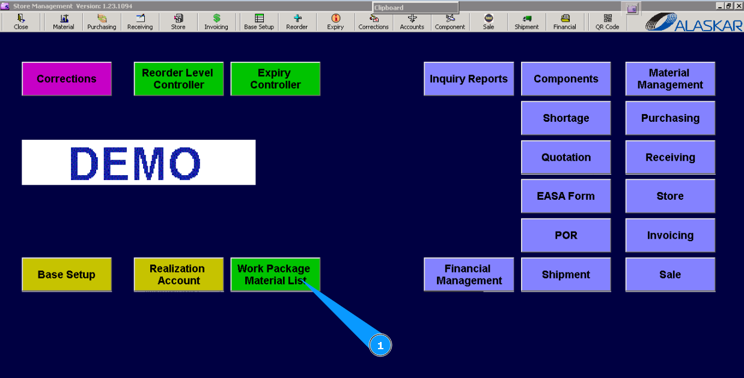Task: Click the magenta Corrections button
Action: click(x=67, y=79)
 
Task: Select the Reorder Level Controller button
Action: click(x=178, y=79)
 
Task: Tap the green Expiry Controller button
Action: click(x=275, y=79)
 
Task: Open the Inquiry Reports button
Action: click(x=469, y=79)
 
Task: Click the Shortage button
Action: click(x=566, y=118)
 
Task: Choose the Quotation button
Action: click(x=566, y=157)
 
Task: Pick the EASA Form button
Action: click(x=566, y=196)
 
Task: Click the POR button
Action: click(x=566, y=235)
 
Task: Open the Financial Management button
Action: click(x=469, y=275)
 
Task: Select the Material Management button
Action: click(x=670, y=79)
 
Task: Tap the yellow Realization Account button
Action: click(x=178, y=275)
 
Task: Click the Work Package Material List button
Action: click(x=275, y=275)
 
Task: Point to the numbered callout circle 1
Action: click(x=380, y=346)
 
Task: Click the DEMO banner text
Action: click(x=138, y=163)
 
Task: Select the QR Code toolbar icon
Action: click(x=608, y=22)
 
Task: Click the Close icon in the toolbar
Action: click(x=21, y=22)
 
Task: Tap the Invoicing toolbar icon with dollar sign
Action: click(x=216, y=22)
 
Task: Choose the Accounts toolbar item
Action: click(x=412, y=22)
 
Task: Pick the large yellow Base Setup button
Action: click(x=67, y=275)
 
